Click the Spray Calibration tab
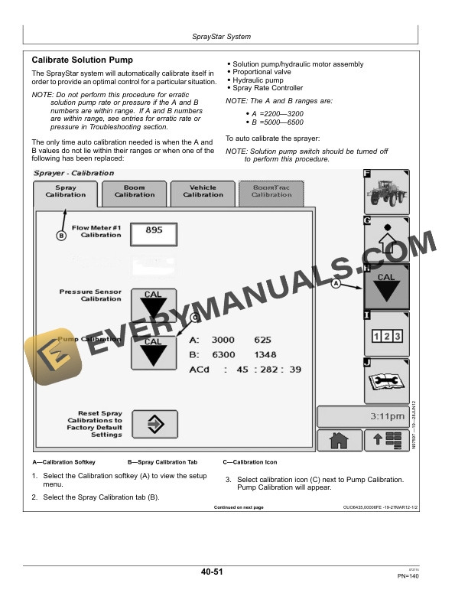[x=66, y=192]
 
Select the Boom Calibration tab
[x=135, y=191]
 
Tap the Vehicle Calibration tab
[x=203, y=191]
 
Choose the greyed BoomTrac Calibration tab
[x=271, y=191]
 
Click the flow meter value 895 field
[x=154, y=233]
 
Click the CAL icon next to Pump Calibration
[x=154, y=351]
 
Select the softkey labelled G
[x=386, y=239]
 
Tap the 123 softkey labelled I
[x=386, y=334]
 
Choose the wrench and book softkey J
[x=386, y=380]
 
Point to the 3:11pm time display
[x=362, y=417]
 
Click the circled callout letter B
[x=62, y=236]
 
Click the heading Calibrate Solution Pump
[x=82, y=60]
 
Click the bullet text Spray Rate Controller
[x=268, y=88]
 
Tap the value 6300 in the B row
[x=223, y=355]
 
